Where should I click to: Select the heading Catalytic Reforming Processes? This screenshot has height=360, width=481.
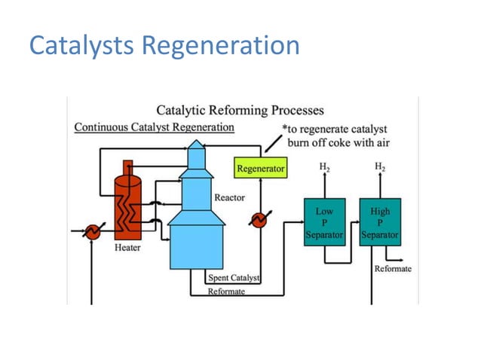240,111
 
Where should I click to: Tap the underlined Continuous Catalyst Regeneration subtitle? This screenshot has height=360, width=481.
154,127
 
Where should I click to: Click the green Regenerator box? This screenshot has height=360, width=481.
261,169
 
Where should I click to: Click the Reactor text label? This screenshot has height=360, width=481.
229,198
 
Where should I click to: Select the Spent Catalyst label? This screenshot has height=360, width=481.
233,279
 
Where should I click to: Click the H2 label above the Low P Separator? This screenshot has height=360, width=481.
324,166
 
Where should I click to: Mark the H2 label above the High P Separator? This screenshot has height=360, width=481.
380,166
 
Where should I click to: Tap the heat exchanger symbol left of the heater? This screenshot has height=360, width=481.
91,232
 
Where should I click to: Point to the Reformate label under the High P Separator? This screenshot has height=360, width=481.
393,269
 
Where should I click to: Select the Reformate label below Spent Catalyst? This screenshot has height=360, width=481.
226,291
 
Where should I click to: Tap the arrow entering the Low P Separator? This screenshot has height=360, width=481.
299,223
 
